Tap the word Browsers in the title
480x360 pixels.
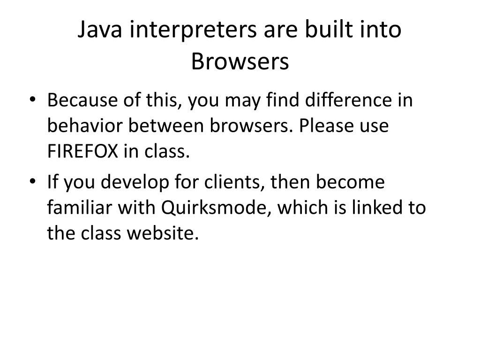pyautogui.click(x=240, y=61)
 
